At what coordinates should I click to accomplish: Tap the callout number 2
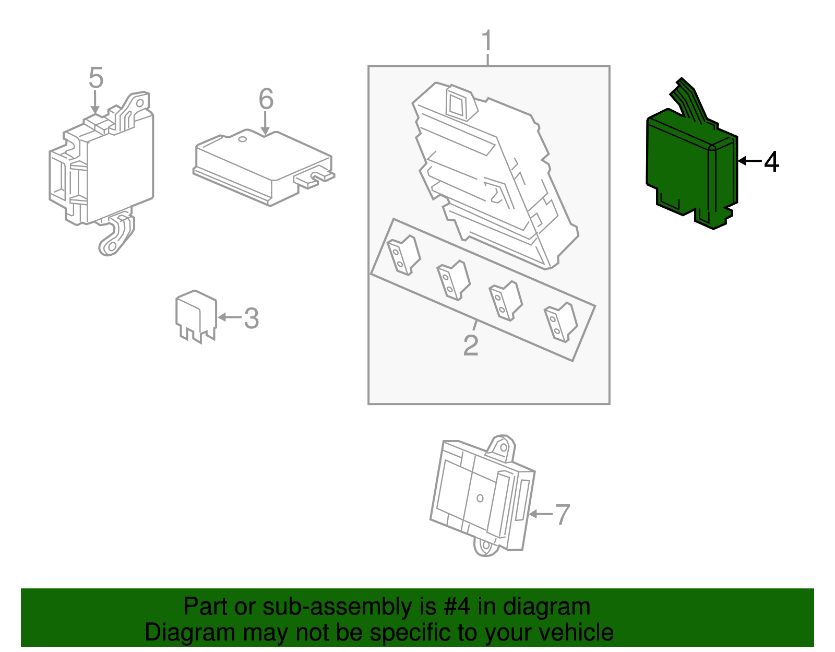click(471, 346)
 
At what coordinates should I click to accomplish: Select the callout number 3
click(252, 318)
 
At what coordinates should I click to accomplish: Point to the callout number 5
click(96, 78)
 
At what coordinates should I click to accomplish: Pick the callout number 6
click(266, 99)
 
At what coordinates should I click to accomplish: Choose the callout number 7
click(562, 515)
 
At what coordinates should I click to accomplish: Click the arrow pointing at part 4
click(749, 161)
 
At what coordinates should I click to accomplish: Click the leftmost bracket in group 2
click(403, 255)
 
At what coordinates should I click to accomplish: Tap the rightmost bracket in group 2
click(560, 322)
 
